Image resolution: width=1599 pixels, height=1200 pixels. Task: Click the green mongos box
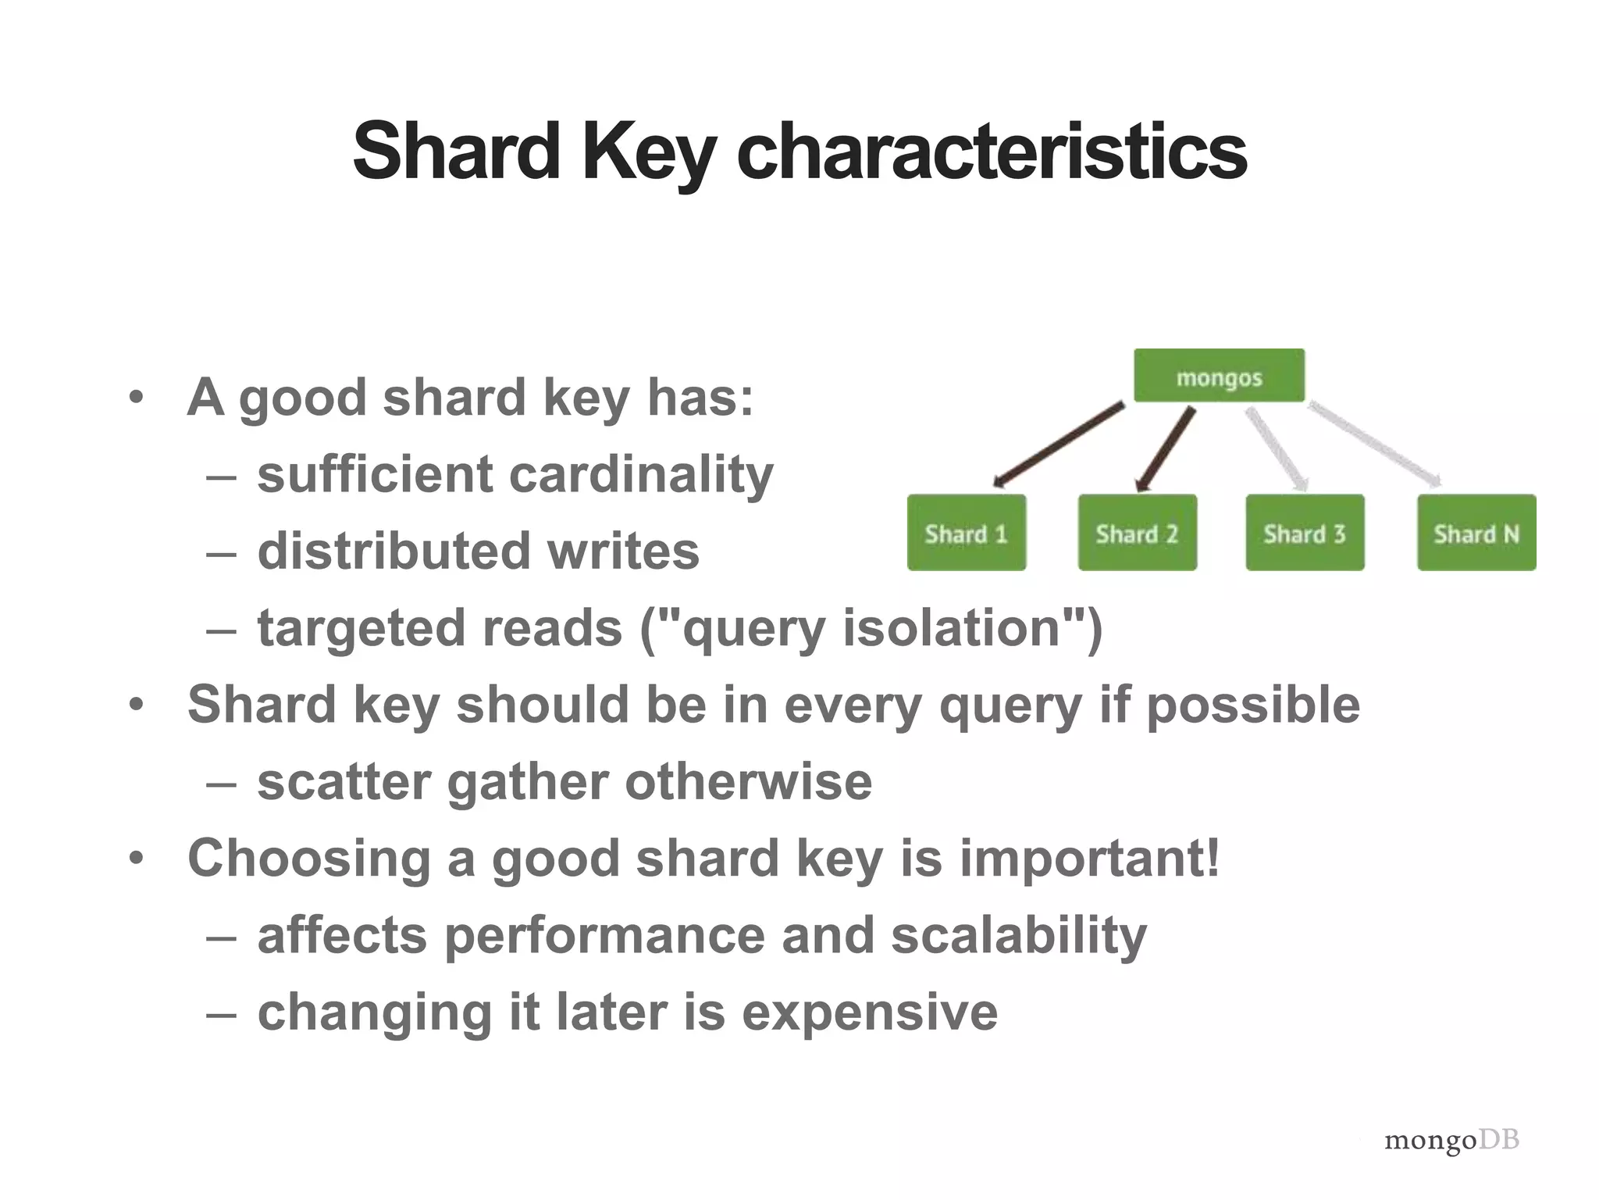[1219, 376]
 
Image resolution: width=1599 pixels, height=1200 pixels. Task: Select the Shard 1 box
[967, 533]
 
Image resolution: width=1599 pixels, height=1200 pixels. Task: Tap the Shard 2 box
[1137, 533]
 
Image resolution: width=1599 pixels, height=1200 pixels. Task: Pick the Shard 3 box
[1305, 533]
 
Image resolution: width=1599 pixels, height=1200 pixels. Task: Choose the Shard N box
[1476, 533]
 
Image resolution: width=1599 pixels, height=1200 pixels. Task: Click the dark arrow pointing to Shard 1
[1059, 444]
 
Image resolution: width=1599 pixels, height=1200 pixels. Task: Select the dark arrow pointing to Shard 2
[1165, 449]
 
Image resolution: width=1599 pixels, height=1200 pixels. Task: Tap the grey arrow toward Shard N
[1374, 443]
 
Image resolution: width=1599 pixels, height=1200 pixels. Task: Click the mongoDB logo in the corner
[1451, 1140]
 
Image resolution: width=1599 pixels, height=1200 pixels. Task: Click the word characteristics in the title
[992, 152]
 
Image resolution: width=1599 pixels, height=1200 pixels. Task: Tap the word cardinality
[641, 474]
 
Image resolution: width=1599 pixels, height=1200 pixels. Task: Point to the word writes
[623, 551]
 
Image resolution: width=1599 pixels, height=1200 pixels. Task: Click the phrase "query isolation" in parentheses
[871, 628]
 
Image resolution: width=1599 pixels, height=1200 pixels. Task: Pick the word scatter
[344, 782]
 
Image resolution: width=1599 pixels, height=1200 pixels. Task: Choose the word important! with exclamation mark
[1089, 858]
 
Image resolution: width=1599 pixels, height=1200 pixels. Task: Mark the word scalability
[1019, 935]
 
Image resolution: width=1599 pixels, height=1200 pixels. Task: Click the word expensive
[870, 1012]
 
